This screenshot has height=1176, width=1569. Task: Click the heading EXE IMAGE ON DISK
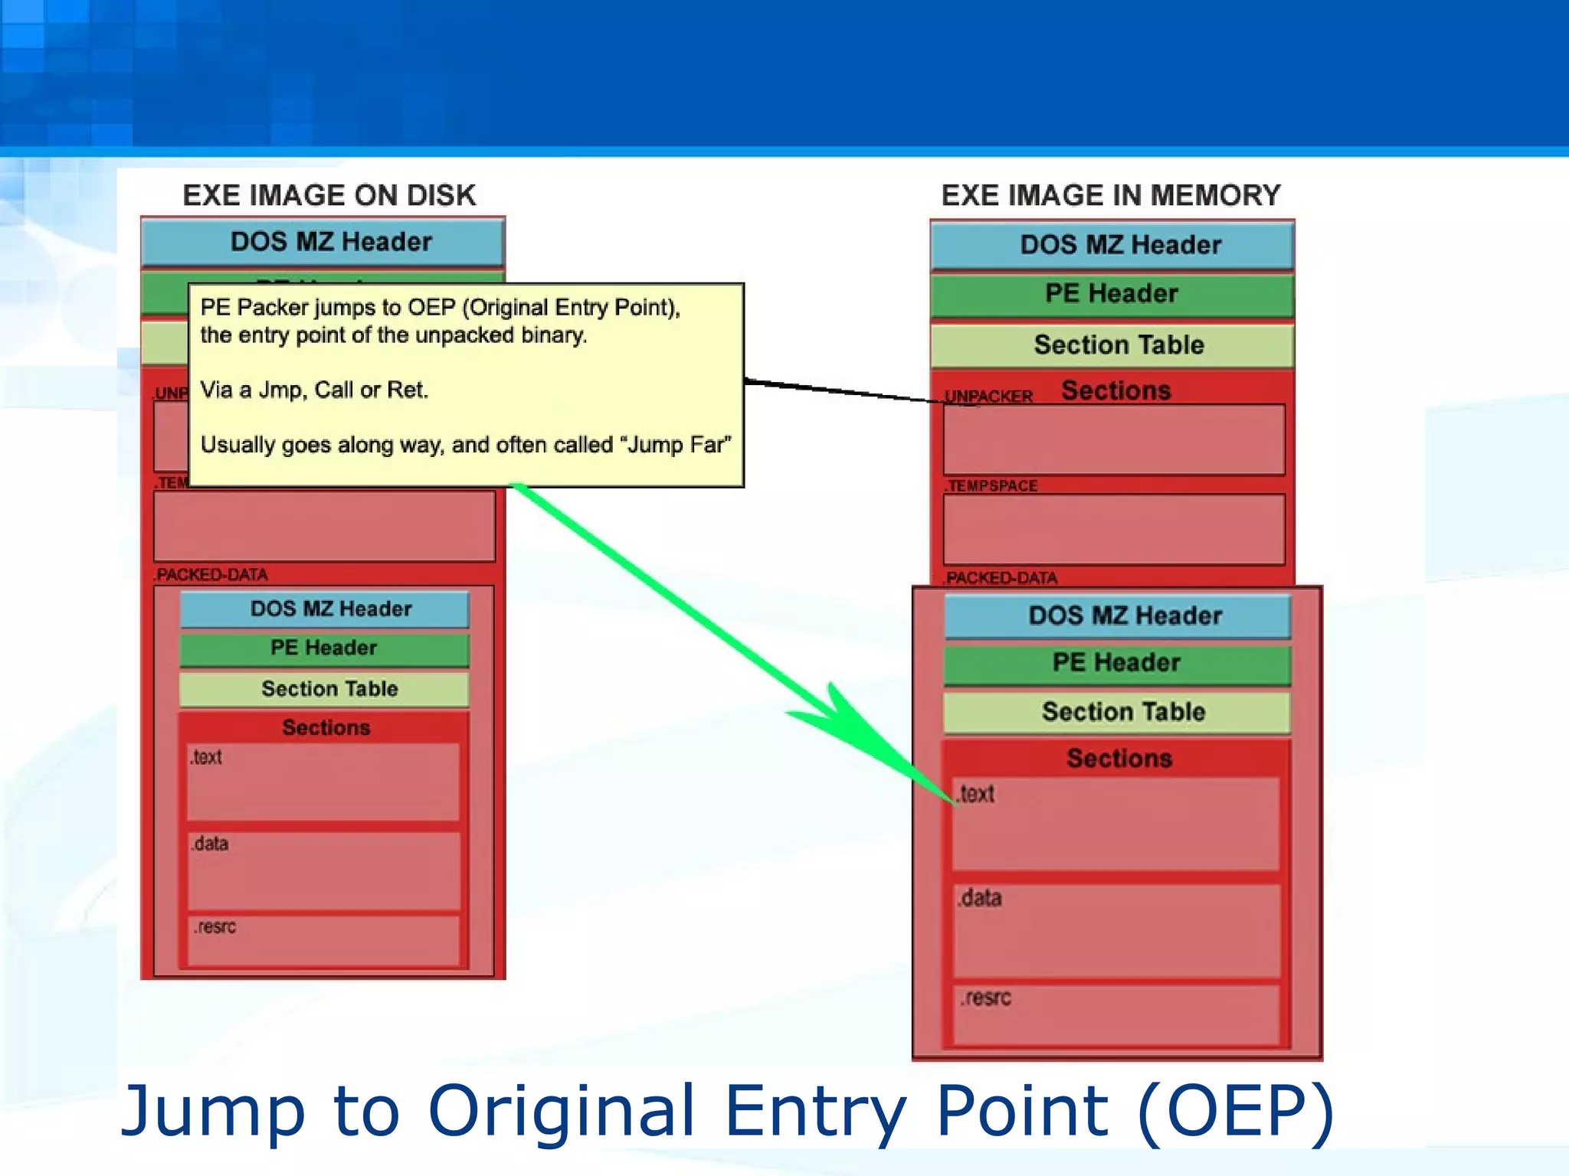[x=329, y=195]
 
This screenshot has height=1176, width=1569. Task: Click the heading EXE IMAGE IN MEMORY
[x=1110, y=195]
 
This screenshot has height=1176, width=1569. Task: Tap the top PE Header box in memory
[x=1112, y=294]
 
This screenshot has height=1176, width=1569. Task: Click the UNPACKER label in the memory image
[x=988, y=397]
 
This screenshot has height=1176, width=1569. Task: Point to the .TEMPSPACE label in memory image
[x=991, y=486]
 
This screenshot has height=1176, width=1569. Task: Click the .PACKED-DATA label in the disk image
[x=211, y=575]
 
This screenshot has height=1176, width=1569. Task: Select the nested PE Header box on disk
[x=324, y=648]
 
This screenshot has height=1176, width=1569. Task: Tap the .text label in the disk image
[x=206, y=757]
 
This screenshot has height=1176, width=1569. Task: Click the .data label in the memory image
[x=980, y=898]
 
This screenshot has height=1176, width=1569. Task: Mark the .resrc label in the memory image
[x=986, y=998]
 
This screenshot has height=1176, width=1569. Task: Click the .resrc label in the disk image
[x=215, y=927]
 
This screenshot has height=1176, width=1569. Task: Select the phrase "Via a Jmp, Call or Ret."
[x=314, y=390]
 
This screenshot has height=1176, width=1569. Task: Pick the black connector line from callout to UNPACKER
[x=843, y=391]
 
